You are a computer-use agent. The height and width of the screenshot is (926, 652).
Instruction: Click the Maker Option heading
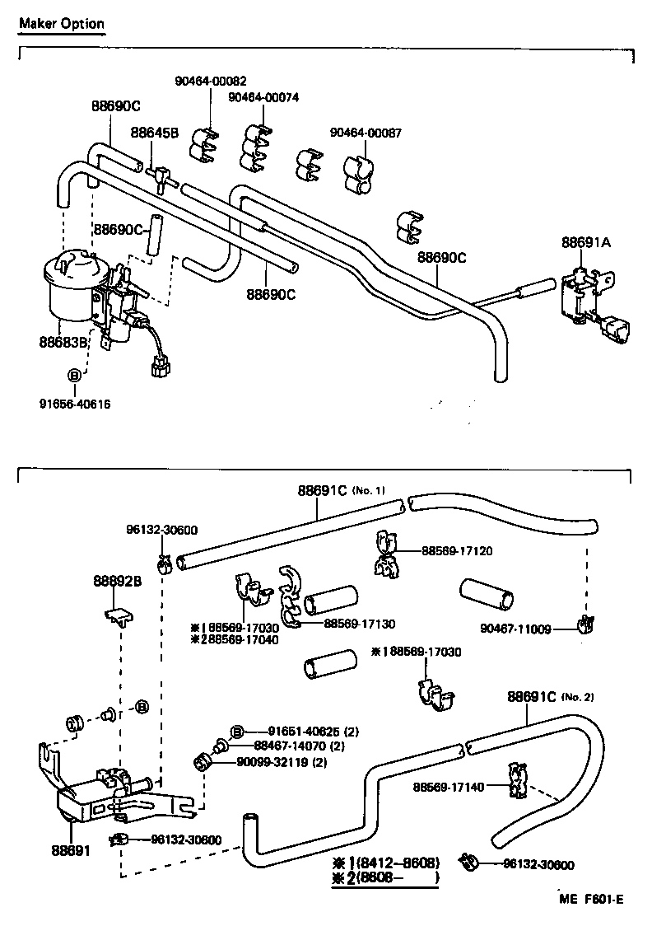[62, 23]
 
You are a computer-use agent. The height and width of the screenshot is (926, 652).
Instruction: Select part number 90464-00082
[210, 81]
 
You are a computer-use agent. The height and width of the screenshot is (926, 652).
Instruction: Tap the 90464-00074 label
[263, 97]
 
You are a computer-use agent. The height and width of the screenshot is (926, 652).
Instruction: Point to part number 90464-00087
[366, 132]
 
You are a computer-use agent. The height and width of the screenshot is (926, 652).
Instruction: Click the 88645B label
[154, 132]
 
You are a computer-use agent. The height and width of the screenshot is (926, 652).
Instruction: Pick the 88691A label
[586, 242]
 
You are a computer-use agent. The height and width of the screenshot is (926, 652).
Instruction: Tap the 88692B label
[117, 581]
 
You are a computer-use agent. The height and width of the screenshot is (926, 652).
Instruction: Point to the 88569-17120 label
[457, 550]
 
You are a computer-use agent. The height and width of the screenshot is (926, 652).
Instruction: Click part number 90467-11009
[516, 629]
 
